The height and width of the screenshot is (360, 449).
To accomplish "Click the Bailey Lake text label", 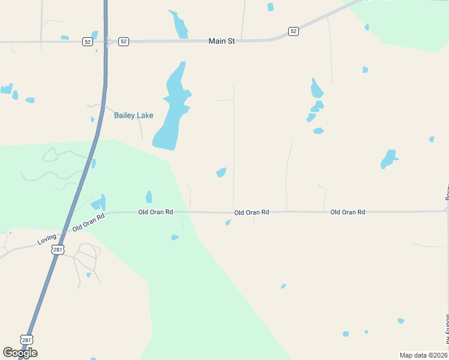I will pyautogui.click(x=134, y=115).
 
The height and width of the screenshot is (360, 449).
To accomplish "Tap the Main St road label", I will pyautogui.click(x=221, y=41).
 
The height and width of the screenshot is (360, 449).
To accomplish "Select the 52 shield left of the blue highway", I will pyautogui.click(x=87, y=41).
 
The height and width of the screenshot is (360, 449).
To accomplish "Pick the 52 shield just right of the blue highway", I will pyautogui.click(x=123, y=41).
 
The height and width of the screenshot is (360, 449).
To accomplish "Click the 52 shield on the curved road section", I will pyautogui.click(x=293, y=31).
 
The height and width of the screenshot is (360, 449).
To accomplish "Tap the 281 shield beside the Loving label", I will pyautogui.click(x=57, y=250).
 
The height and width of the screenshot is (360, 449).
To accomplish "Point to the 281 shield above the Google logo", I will pyautogui.click(x=26, y=340).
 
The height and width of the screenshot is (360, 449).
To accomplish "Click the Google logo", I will pyautogui.click(x=20, y=352).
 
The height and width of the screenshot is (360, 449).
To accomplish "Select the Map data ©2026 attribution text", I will pyautogui.click(x=423, y=355).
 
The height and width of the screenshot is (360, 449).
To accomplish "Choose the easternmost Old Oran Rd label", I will pyautogui.click(x=348, y=212).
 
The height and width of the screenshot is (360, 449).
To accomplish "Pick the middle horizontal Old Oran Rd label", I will pyautogui.click(x=252, y=212).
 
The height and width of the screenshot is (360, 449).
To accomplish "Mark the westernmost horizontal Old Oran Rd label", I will pyautogui.click(x=155, y=212).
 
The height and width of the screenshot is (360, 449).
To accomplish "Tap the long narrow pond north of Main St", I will pyautogui.click(x=179, y=25).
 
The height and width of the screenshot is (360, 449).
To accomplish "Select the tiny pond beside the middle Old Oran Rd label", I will pyautogui.click(x=228, y=223).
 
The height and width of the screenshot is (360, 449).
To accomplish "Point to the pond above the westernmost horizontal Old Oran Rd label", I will pyautogui.click(x=149, y=197).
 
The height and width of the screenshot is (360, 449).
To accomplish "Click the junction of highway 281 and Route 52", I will pyautogui.click(x=106, y=41).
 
